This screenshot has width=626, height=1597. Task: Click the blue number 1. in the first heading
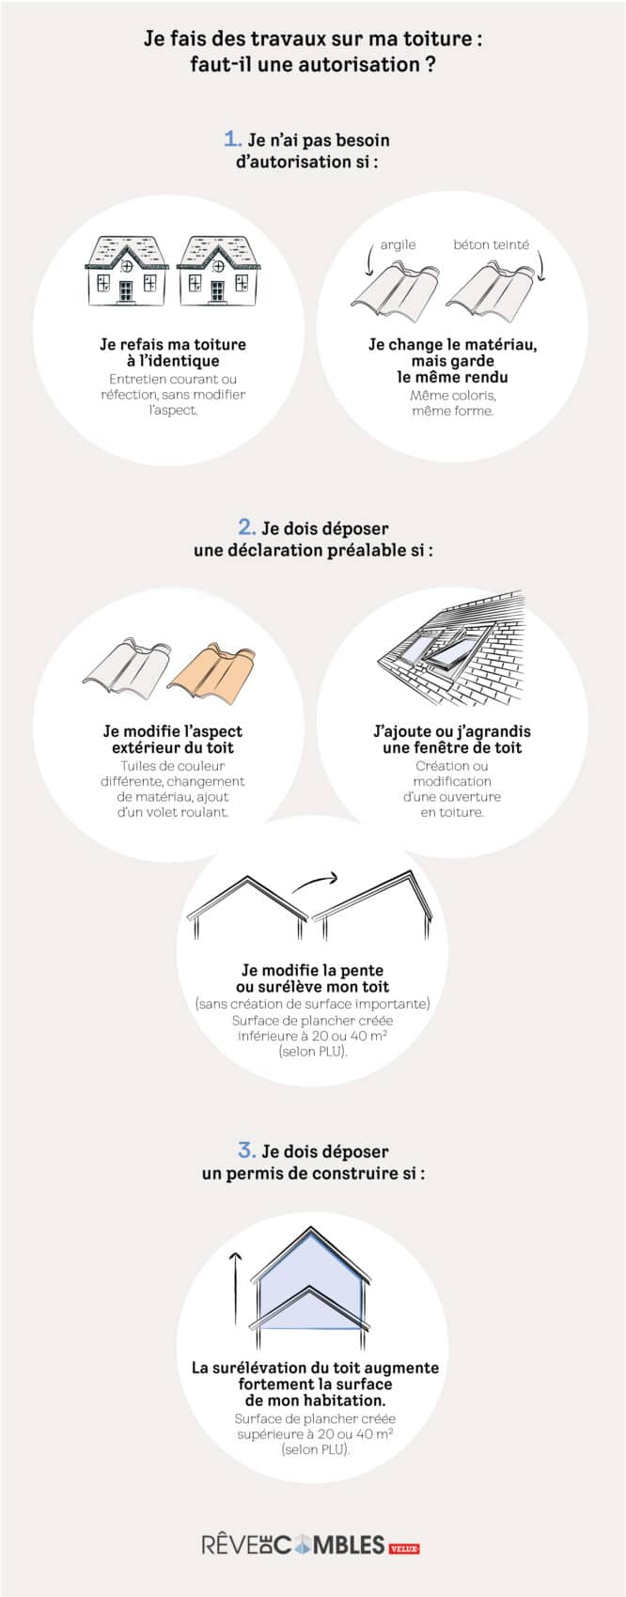click(x=233, y=139)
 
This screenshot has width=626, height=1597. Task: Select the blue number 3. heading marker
click(x=247, y=1150)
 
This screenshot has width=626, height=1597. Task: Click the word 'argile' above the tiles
click(x=398, y=244)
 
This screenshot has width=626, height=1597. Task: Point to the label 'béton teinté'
click(x=491, y=244)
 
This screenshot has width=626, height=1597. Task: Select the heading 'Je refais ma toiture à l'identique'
click(x=173, y=352)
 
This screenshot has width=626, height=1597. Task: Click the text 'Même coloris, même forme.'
click(x=453, y=403)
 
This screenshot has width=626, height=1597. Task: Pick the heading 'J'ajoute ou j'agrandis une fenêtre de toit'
click(x=452, y=739)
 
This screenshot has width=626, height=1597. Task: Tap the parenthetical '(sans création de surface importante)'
click(x=313, y=1004)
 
